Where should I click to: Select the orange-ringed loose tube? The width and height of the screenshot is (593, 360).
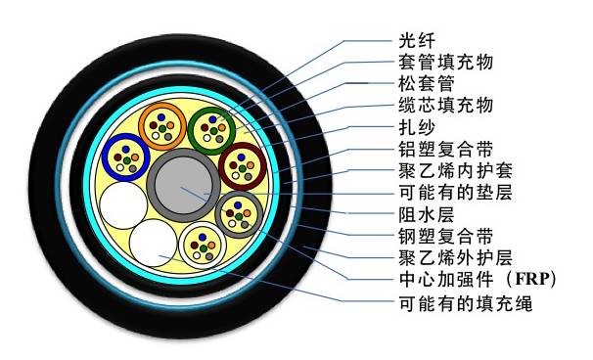click(x=161, y=124)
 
